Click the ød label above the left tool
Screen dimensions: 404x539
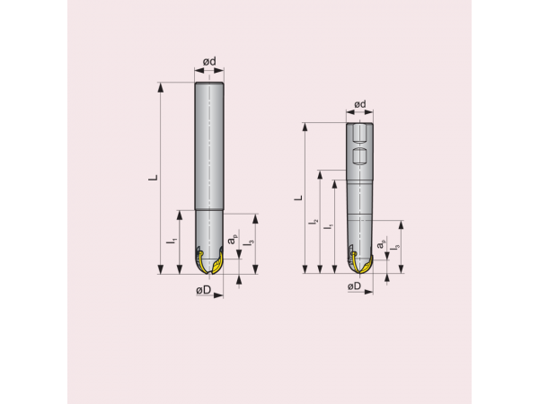(208, 61)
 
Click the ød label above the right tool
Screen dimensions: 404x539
(359, 105)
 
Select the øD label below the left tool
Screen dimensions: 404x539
(203, 290)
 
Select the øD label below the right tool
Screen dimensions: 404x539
(354, 285)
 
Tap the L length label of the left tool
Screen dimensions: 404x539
(153, 178)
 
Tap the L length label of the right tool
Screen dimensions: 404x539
(299, 197)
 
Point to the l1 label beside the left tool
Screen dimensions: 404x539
(172, 241)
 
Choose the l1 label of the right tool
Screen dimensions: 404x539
(329, 226)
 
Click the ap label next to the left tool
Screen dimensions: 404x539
(233, 241)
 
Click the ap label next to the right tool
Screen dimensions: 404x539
(381, 244)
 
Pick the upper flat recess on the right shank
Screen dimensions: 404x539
(359, 136)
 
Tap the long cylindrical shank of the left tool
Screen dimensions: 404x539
(208, 144)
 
